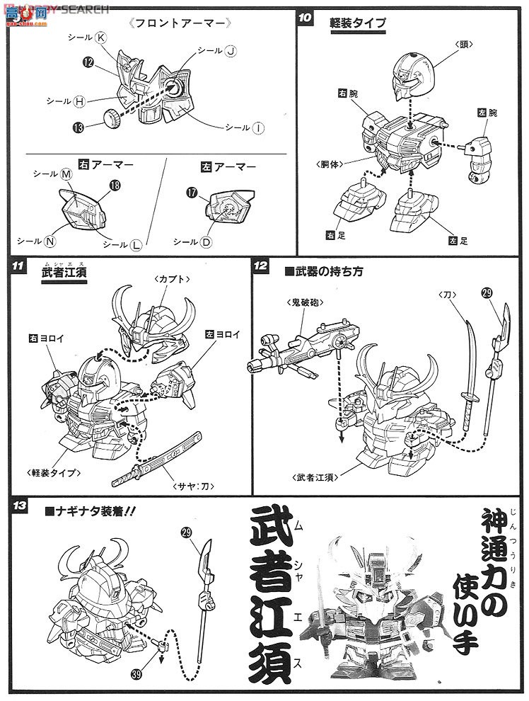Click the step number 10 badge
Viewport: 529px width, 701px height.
click(306, 19)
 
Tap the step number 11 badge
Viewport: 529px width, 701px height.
click(20, 266)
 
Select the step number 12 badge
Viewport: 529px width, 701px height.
click(261, 266)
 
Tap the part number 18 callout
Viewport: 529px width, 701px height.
click(113, 186)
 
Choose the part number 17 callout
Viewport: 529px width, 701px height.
click(192, 192)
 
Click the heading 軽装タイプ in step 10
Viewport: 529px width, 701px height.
click(359, 23)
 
